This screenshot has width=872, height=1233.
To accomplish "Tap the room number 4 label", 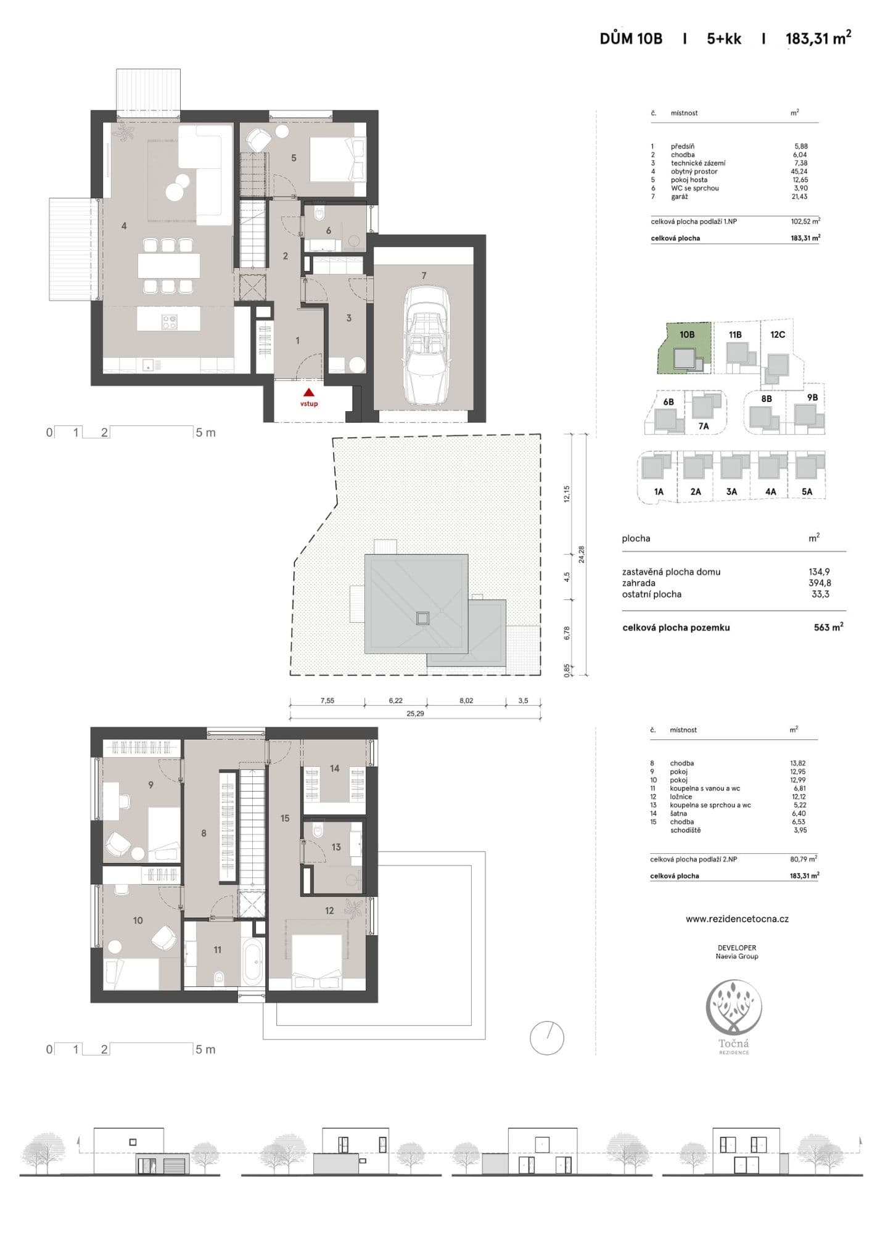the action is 124,226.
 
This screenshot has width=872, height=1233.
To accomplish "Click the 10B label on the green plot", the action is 687,334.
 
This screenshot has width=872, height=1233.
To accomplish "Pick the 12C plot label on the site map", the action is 778,334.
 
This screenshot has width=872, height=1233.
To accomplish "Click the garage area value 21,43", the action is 800,197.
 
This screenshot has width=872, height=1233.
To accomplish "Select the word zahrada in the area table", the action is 639,583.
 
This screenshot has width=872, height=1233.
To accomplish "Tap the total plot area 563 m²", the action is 828,627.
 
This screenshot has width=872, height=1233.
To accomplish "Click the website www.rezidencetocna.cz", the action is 737,919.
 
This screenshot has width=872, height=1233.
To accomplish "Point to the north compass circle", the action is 547,1038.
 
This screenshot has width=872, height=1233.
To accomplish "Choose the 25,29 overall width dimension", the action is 415,713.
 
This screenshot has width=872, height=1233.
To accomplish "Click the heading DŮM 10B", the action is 631,39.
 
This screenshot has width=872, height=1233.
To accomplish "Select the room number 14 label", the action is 334,769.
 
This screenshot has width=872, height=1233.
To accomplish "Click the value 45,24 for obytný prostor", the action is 800,171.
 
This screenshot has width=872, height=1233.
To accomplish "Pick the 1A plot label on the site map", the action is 659,492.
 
